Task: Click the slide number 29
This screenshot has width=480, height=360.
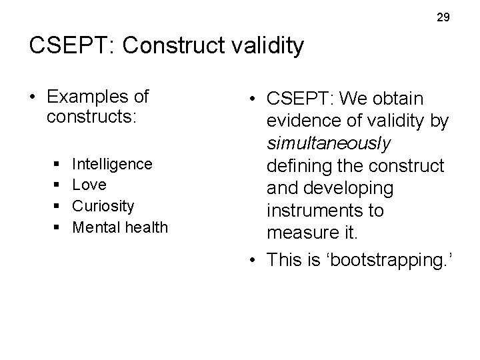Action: [x=443, y=18]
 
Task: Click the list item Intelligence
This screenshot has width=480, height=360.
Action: [x=112, y=163]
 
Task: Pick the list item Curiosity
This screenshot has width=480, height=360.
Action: [x=103, y=206]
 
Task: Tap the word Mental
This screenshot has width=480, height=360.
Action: [x=93, y=227]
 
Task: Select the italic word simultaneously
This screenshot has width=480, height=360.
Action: [x=329, y=143]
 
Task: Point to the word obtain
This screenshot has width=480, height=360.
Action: [x=399, y=99]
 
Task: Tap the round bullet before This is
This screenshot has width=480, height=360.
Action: [x=255, y=260]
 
